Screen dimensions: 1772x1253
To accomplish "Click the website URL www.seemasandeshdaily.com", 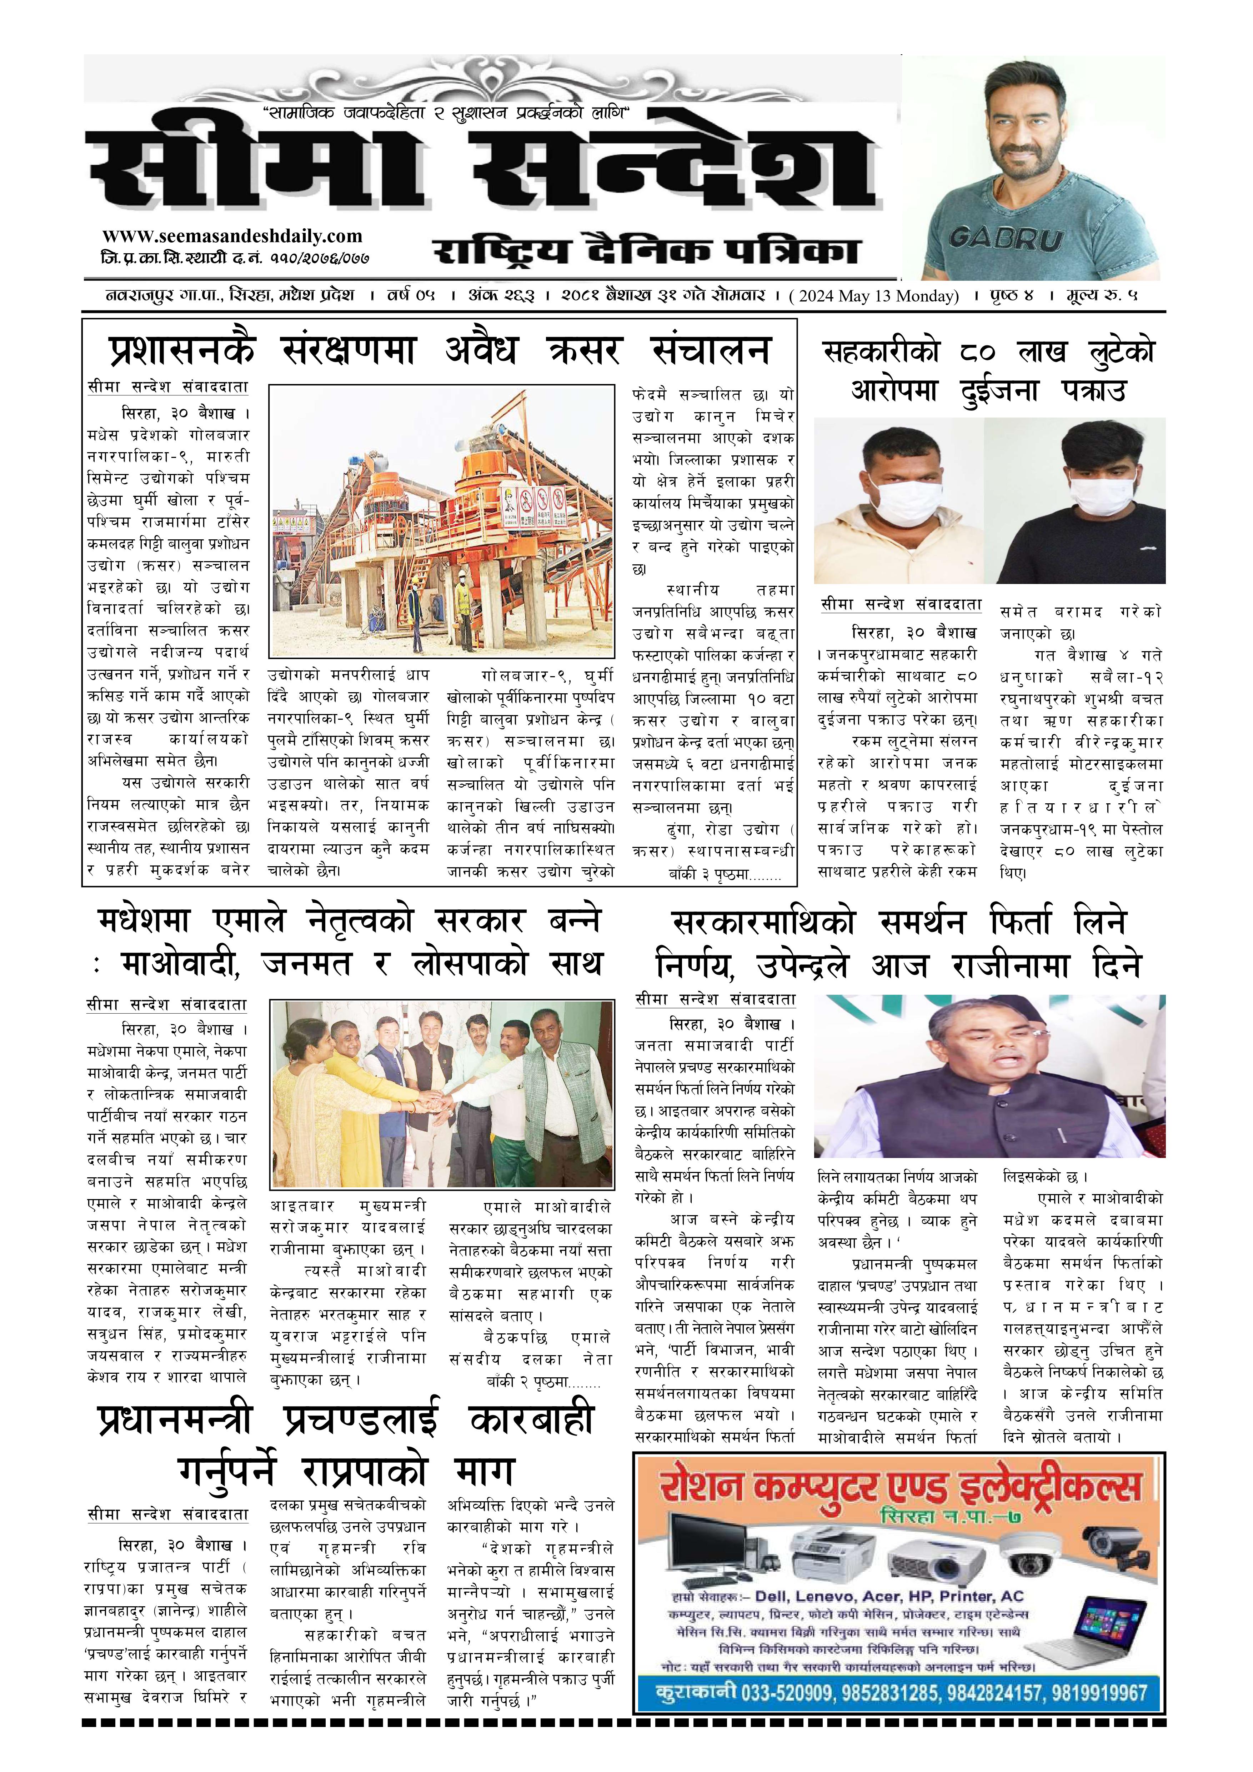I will (231, 236).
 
